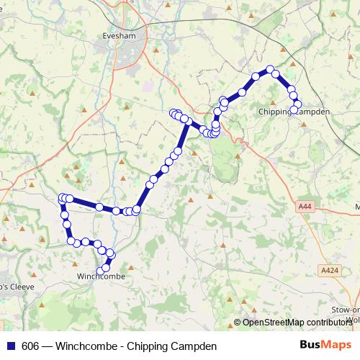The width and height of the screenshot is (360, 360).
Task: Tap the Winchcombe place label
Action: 102,276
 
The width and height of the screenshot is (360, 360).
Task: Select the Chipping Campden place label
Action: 294,112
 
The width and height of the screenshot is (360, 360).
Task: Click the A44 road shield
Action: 305,207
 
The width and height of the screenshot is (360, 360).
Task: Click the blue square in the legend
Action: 10,345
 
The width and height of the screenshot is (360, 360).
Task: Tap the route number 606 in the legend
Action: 30,345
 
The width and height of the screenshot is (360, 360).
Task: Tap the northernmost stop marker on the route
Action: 271,70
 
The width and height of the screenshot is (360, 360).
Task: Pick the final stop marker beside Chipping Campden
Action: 294,109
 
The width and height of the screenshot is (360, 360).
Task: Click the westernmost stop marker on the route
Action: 62,198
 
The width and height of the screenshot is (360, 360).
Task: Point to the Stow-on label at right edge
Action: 345,309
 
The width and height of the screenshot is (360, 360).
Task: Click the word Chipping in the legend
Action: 150,345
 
